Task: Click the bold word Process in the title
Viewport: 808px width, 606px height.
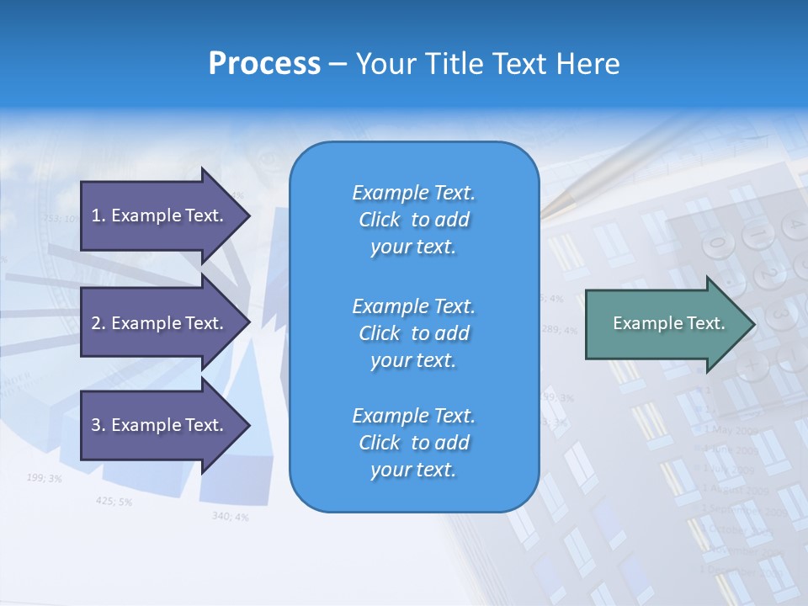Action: (x=264, y=64)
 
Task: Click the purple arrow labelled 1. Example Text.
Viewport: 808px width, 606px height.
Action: (x=160, y=215)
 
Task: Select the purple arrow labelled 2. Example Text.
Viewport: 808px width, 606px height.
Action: (x=160, y=323)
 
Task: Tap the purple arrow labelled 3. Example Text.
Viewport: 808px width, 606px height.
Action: (x=160, y=425)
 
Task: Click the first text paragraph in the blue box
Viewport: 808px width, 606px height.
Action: (x=413, y=220)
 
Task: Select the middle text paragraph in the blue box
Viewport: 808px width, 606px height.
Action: (x=413, y=333)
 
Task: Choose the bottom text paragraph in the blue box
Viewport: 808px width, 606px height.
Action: (x=413, y=443)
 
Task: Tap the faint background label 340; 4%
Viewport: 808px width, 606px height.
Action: (x=230, y=516)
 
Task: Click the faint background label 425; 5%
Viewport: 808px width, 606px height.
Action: (x=114, y=501)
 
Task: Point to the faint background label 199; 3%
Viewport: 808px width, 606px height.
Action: (x=44, y=478)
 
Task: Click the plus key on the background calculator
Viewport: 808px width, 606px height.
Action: (x=752, y=364)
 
